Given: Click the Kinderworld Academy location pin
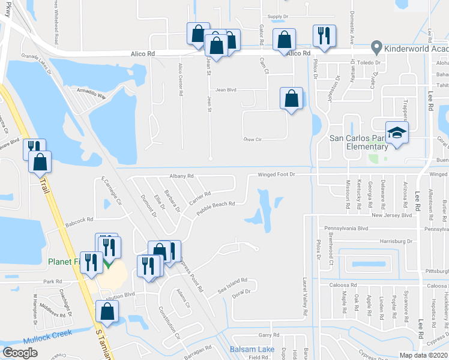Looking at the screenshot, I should (x=377, y=46).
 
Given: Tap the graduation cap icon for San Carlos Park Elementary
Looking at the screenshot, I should (x=396, y=133).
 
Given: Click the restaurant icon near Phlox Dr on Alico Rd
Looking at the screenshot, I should (x=324, y=35).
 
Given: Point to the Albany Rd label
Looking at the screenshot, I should (x=181, y=176).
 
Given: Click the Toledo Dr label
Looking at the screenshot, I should (x=369, y=62).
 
